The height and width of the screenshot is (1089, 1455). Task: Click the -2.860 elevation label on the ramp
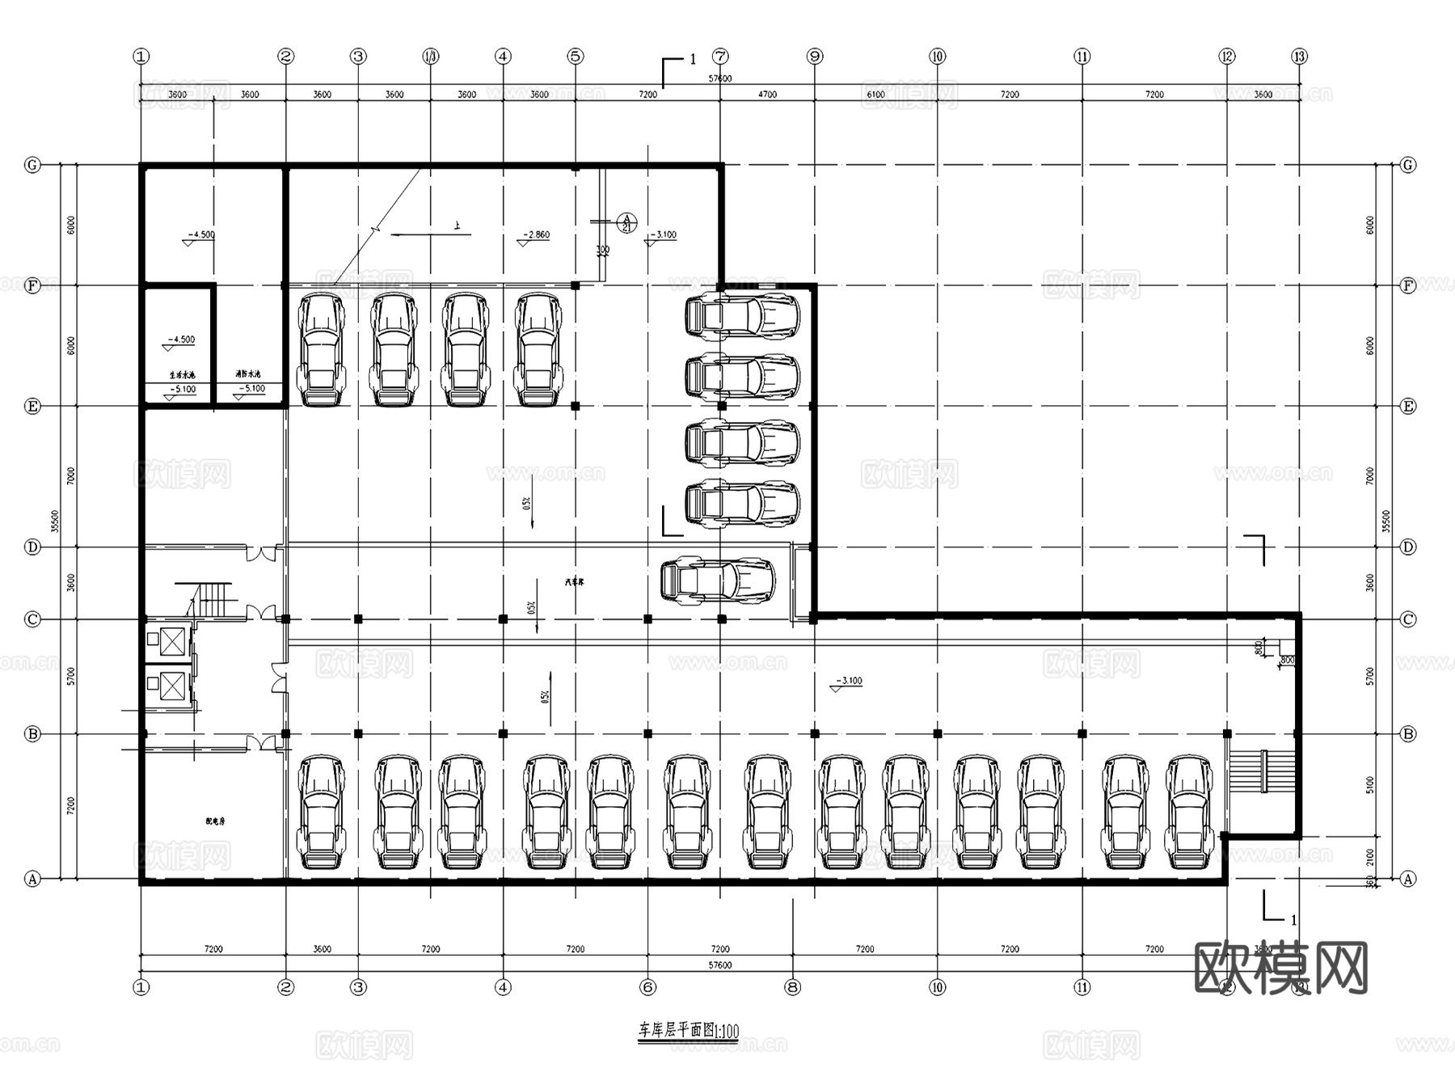pos(536,235)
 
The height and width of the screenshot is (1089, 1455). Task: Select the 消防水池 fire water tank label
pos(248,374)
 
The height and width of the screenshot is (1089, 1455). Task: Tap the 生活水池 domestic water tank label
pos(182,375)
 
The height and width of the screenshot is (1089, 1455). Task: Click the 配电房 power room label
pos(215,821)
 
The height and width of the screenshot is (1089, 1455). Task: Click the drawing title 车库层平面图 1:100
pos(688,1031)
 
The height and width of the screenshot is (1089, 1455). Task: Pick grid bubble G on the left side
pos(32,165)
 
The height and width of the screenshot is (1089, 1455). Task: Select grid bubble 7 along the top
pos(720,57)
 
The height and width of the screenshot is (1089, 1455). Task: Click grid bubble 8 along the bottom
pos(792,987)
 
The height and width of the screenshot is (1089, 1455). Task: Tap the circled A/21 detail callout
pos(626,222)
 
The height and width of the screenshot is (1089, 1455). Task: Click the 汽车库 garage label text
pos(574,582)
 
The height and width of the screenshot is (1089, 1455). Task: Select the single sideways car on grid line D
pos(718,580)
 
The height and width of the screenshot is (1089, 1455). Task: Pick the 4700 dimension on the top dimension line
pos(767,95)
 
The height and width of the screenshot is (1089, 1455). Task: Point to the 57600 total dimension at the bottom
pos(719,965)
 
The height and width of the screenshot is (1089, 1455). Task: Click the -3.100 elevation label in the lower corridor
pos(850,681)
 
